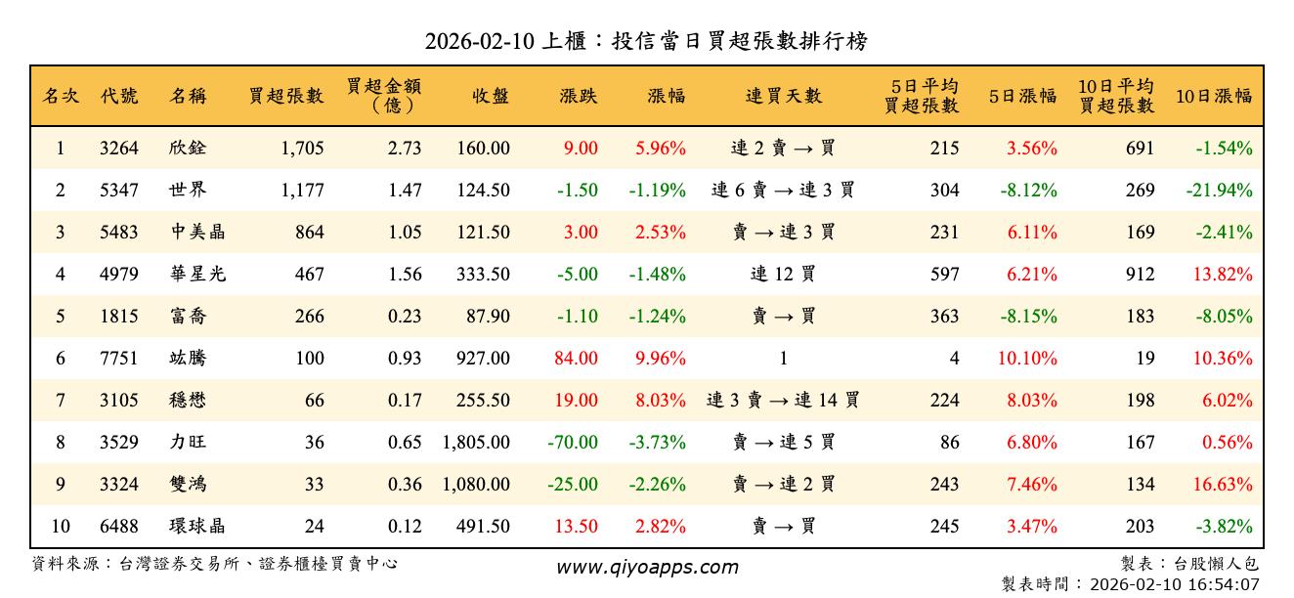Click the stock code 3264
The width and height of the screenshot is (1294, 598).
click(119, 149)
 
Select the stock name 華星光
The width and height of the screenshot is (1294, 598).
click(196, 275)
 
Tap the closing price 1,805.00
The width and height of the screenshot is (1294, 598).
click(476, 443)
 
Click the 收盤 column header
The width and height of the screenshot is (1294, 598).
click(490, 96)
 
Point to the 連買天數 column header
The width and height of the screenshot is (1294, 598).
click(784, 96)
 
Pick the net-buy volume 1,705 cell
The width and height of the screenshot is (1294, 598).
click(301, 149)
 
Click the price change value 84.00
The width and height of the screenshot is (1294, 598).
click(576, 359)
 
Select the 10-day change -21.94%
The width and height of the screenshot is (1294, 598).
click(1219, 191)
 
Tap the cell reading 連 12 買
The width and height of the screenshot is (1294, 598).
click(784, 275)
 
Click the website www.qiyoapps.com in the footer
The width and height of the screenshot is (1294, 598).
click(647, 567)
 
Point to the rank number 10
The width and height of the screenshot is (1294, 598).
click(61, 527)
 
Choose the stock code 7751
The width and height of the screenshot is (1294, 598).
click(119, 359)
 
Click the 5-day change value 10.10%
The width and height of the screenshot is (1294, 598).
click(1027, 359)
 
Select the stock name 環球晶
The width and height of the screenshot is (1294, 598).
click(196, 527)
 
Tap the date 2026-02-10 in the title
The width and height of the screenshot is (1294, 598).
click(479, 41)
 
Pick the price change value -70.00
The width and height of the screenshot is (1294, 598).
click(572, 443)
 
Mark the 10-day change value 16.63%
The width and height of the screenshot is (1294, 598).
click(1223, 485)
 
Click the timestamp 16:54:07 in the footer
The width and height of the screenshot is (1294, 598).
click(1223, 584)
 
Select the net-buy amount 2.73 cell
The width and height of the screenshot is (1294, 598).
click(405, 149)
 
